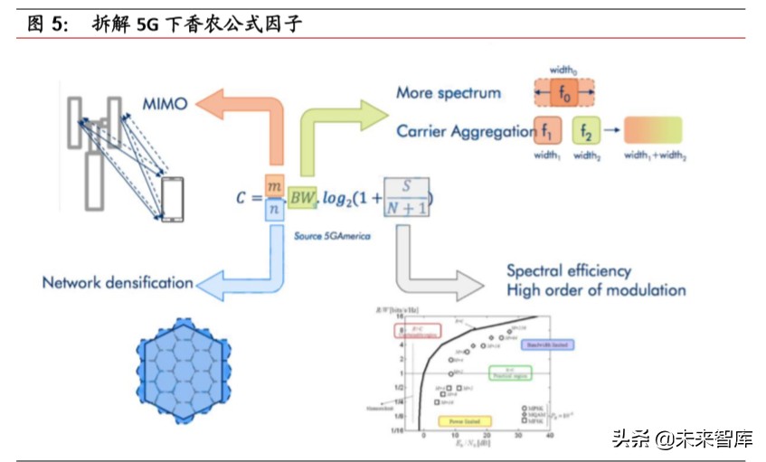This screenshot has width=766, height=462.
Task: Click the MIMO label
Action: [165, 104]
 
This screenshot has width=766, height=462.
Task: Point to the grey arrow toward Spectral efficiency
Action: [425, 271]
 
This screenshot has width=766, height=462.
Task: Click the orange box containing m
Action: [276, 184]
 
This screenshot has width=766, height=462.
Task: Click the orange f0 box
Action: [563, 92]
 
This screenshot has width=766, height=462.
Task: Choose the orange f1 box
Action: [548, 130]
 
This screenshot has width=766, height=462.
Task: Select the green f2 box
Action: [586, 130]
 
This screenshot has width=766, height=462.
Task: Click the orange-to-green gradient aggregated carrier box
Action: [653, 130]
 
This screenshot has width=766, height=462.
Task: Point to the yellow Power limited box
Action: [464, 421]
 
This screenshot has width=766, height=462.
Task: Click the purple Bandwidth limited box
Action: [550, 344]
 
